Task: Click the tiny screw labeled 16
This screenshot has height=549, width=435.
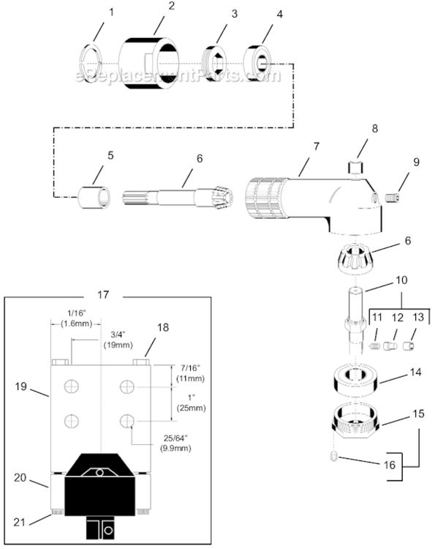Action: [330, 458]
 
